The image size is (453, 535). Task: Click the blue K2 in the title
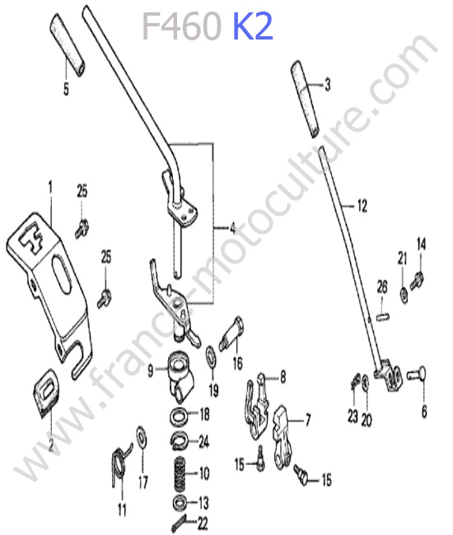coord(253,26)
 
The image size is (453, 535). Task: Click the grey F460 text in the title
coord(181,26)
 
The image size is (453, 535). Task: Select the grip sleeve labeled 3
coord(306,100)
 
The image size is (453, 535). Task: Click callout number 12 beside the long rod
coord(362,206)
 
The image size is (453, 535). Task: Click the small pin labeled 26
coord(383,316)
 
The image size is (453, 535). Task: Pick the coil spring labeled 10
coord(181,473)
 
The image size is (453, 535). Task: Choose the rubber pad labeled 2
coord(46,393)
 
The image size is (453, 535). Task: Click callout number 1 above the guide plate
coord(50,188)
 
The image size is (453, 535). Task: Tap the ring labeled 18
coord(180,416)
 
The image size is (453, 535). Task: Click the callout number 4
coord(233,228)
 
